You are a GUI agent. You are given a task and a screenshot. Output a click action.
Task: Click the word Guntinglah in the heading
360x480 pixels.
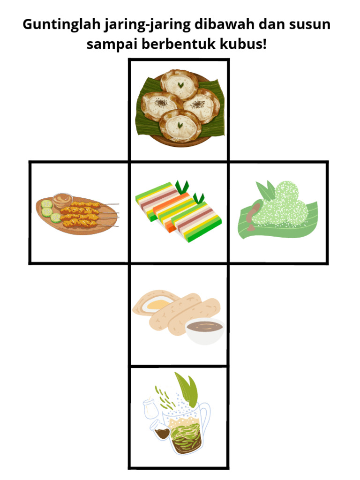(61, 24)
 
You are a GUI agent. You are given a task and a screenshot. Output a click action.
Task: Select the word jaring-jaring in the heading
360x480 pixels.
(148, 25)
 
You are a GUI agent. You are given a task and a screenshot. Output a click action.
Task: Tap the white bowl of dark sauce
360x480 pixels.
(205, 331)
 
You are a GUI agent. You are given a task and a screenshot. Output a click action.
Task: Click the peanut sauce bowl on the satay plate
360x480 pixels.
(63, 200)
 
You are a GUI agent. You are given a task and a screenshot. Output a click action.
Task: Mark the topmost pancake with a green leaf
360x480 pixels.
(180, 84)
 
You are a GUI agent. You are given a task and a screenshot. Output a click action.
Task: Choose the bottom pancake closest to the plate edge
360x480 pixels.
(180, 126)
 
